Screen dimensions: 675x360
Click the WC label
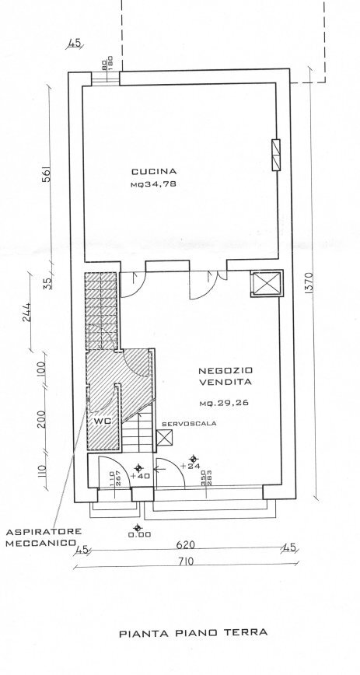tap(101, 421)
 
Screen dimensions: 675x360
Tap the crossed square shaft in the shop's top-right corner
tap(265, 285)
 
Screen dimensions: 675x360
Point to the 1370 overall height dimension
tap(309, 286)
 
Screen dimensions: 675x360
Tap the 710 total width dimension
tap(184, 562)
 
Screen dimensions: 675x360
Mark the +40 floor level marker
tap(142, 477)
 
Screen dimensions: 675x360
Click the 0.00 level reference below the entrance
tap(140, 533)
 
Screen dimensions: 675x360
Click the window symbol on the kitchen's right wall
tap(275, 155)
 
